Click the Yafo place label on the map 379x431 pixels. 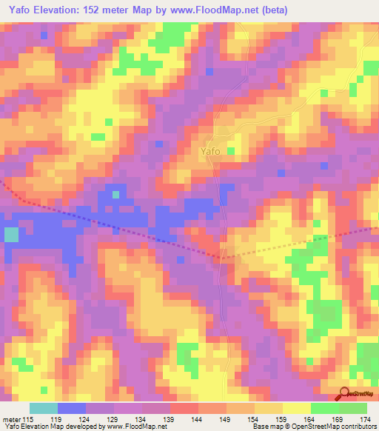coord(209,152)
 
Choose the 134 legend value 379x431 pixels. coord(127,421)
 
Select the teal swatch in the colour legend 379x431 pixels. coord(44,409)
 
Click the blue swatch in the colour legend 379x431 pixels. coord(72,409)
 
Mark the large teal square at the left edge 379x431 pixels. coord(11,235)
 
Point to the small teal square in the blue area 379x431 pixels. coord(115,195)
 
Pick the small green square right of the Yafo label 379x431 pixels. coord(230,151)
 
